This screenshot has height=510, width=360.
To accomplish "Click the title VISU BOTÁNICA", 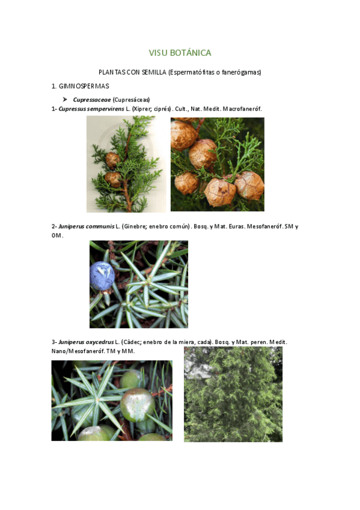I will [x=180, y=53].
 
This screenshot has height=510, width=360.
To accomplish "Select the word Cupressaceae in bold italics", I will [x=91, y=100].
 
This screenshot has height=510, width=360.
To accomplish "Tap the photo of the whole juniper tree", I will [x=233, y=394].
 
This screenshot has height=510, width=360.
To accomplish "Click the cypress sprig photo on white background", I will [x=126, y=164].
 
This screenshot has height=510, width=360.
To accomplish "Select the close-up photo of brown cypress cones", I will [x=217, y=164].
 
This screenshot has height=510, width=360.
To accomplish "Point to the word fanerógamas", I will [x=241, y=73].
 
